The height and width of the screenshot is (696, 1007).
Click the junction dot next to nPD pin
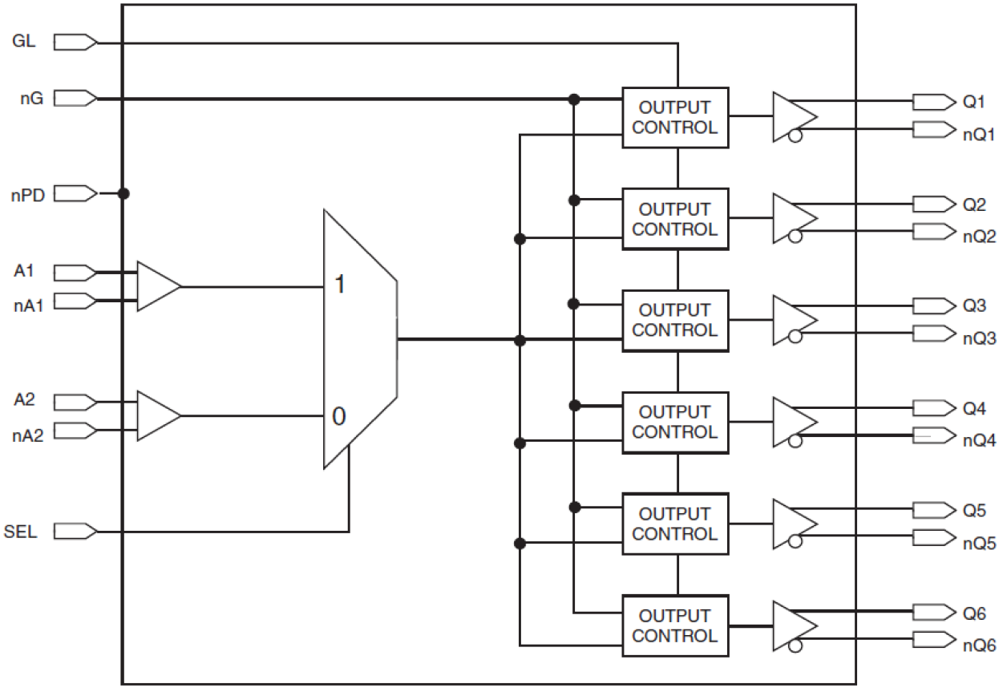tap(123, 193)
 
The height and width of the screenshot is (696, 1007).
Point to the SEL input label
tap(21, 531)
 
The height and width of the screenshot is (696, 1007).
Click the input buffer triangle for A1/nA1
tap(157, 286)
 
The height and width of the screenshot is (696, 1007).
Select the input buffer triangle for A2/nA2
tap(157, 415)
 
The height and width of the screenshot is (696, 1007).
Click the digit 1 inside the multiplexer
tap(339, 285)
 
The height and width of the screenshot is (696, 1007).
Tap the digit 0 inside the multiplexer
tap(339, 416)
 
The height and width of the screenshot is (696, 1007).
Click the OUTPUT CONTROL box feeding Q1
tap(675, 117)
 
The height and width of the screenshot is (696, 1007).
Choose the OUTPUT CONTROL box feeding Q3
tap(675, 320)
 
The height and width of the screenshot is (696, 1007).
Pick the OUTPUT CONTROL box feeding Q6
tap(675, 625)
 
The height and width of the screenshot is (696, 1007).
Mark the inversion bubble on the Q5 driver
tap(795, 542)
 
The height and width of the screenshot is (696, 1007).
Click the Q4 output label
tap(974, 409)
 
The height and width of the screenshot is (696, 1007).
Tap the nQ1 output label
tap(979, 134)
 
